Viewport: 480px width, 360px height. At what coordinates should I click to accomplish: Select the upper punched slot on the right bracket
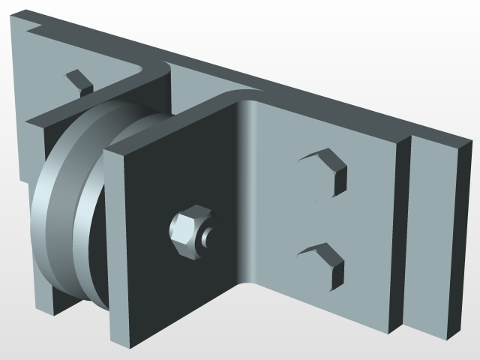pos(328,169)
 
